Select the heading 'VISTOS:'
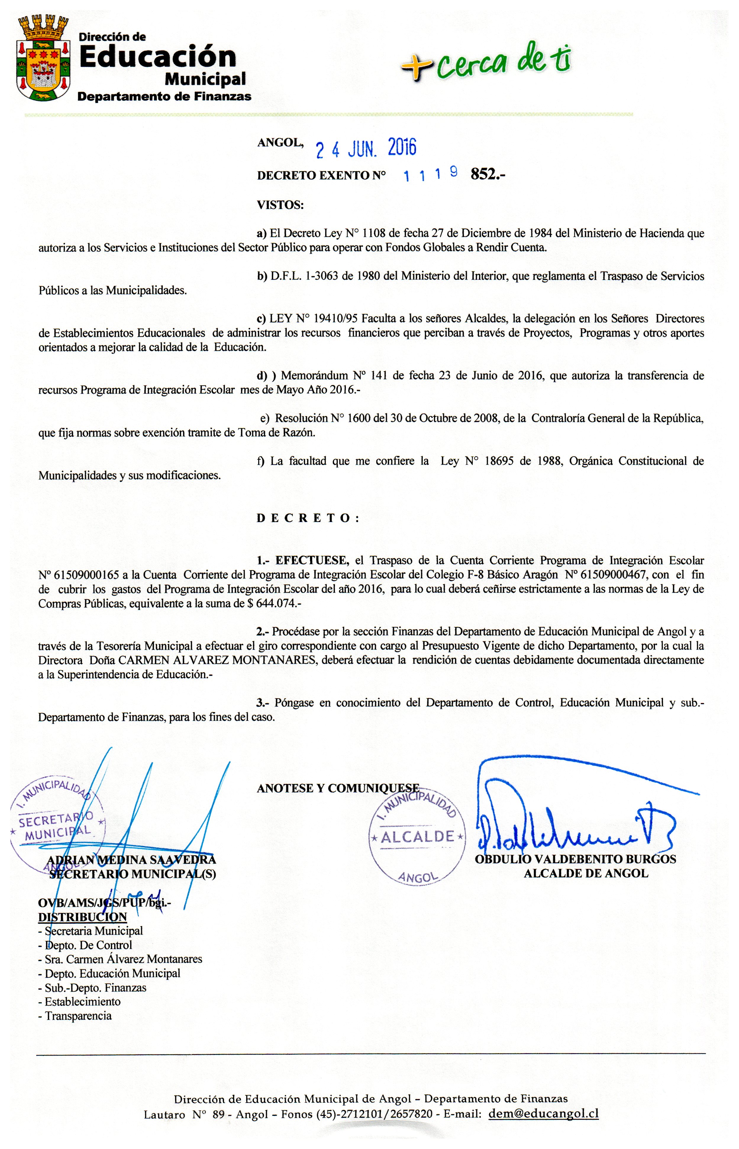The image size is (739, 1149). pos(280,205)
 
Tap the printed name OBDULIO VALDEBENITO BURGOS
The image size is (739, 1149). pos(575,859)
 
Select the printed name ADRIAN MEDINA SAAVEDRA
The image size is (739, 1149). pos(133,860)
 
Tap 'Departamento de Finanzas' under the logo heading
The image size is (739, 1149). pos(164,96)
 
